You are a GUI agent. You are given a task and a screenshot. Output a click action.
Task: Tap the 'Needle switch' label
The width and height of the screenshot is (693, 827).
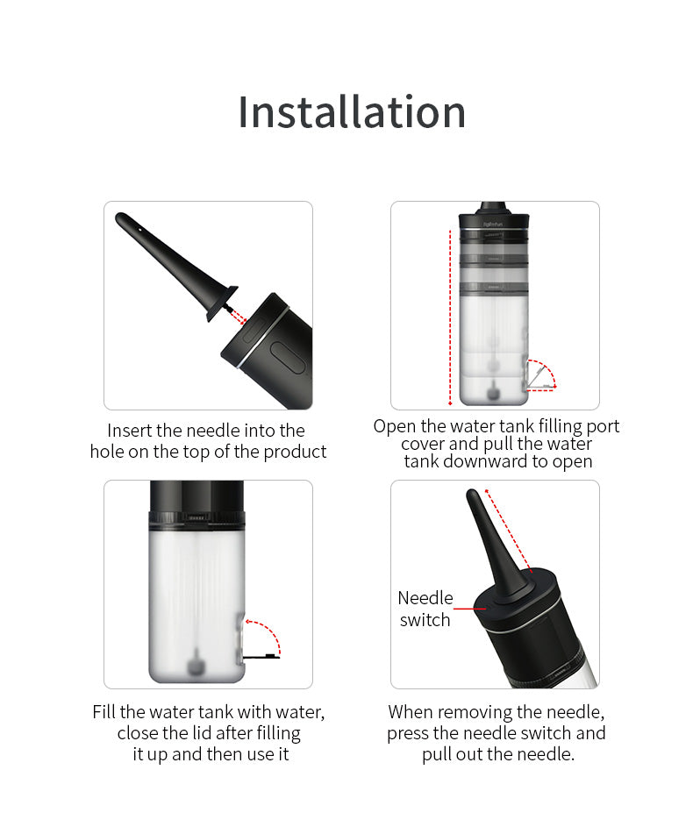pyautogui.click(x=425, y=609)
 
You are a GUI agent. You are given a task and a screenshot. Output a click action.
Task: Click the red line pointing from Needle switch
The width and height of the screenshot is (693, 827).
pyautogui.click(x=470, y=609)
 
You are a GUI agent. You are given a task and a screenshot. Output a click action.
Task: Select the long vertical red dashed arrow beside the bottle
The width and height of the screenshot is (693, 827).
pyautogui.click(x=450, y=317)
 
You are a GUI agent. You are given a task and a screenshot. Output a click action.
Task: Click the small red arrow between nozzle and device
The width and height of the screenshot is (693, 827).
pyautogui.click(x=239, y=317)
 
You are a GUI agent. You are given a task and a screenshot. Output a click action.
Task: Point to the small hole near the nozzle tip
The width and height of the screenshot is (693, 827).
pyautogui.click(x=139, y=230)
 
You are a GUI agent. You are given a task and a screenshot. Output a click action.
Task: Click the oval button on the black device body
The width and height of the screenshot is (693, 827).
pyautogui.click(x=288, y=358)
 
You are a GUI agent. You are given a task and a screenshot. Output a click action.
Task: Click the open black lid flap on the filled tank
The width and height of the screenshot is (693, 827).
pyautogui.click(x=261, y=656)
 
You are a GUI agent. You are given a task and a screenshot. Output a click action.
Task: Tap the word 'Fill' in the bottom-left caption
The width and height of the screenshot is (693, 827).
pyautogui.click(x=104, y=712)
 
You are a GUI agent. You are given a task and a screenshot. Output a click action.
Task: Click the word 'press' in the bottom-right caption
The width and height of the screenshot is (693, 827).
pyautogui.click(x=408, y=734)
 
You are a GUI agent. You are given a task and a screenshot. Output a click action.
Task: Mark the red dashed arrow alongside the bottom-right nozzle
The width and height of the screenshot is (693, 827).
pyautogui.click(x=509, y=530)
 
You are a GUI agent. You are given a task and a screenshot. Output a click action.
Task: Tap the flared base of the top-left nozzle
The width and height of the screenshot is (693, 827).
pyautogui.click(x=222, y=303)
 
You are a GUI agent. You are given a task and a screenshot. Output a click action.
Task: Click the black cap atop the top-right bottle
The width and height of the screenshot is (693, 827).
pyautogui.click(x=494, y=217)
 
